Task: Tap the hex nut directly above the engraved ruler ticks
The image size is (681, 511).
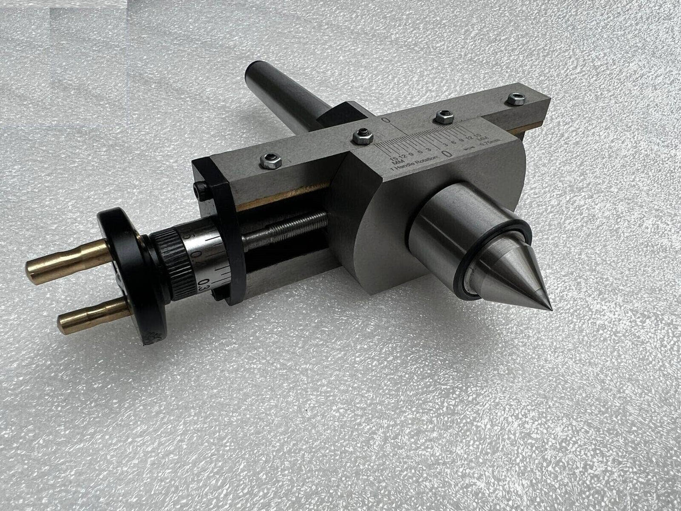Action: pos(443,115)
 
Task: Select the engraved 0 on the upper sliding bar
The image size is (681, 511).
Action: pos(386,122)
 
